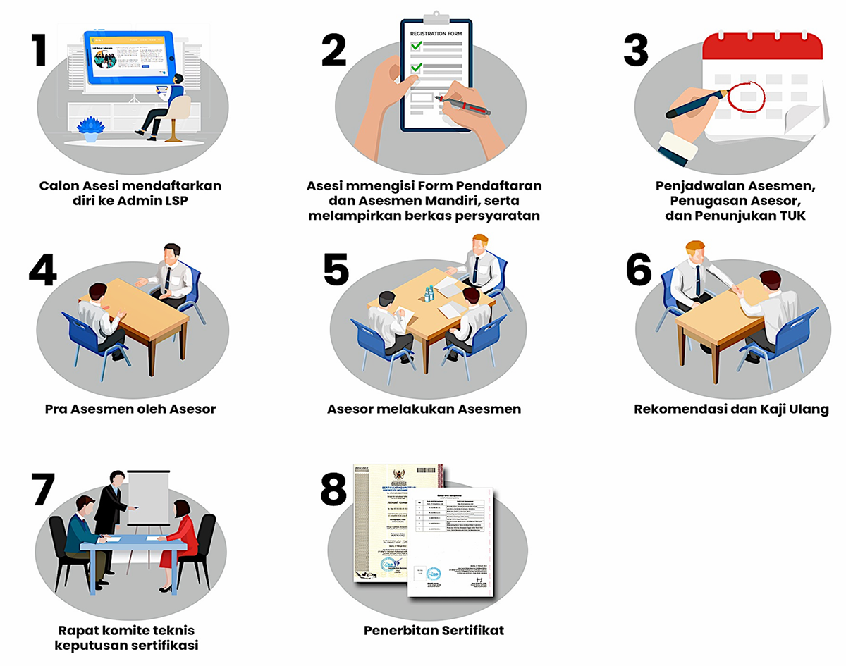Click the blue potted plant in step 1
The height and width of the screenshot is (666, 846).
point(90,129)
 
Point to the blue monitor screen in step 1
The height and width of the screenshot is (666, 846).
point(128,56)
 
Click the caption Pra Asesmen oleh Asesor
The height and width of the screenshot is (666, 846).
point(130,409)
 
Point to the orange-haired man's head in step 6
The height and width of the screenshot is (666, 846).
point(694,252)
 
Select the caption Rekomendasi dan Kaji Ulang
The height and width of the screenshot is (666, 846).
point(731,409)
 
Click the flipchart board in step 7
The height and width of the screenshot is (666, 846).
point(148,497)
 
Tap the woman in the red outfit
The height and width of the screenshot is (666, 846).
point(174,539)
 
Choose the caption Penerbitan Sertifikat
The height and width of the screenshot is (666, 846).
point(434,629)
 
